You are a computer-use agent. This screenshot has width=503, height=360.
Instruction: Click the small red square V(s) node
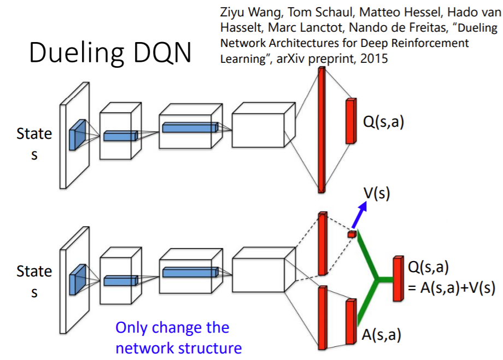pos(352,234)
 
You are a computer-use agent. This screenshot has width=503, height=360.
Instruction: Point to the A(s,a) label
pos(381,334)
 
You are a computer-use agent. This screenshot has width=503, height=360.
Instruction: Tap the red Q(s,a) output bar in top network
pos(350,121)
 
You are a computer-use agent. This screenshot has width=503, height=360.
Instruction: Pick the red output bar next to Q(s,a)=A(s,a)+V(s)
pos(397,279)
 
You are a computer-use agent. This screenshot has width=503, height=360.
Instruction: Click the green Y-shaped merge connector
pos(376,280)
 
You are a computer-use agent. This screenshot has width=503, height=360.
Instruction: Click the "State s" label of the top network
pos(34,144)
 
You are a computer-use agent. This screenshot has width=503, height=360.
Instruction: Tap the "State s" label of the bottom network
pos(34,281)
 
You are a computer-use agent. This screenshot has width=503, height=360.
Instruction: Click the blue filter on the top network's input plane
pos(77,134)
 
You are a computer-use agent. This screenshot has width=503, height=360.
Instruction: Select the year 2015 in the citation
pos(375,58)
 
